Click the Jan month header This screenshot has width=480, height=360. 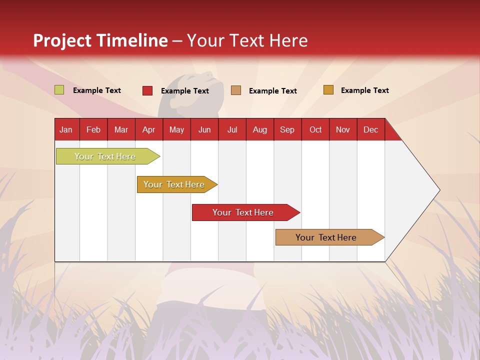coord(66,130)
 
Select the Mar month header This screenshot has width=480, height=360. coord(121,130)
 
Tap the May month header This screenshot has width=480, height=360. coord(176,130)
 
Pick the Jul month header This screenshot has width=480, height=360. coord(232,130)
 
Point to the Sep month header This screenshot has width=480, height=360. coord(287,130)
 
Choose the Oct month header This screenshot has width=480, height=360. coord(315,130)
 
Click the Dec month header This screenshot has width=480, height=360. coord(370,130)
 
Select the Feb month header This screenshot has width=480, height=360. coord(93,130)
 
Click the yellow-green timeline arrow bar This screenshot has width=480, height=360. coord(108,156)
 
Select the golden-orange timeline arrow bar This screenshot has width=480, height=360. coord(177,184)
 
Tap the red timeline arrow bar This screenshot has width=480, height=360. coord(246,212)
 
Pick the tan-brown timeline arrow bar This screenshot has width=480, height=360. coord(330,237)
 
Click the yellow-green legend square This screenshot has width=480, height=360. coord(59,89)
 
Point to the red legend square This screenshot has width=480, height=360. coord(147,90)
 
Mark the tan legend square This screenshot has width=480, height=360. coord(236,90)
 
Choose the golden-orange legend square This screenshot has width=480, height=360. coord(328,89)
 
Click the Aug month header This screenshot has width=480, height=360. coord(259,130)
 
